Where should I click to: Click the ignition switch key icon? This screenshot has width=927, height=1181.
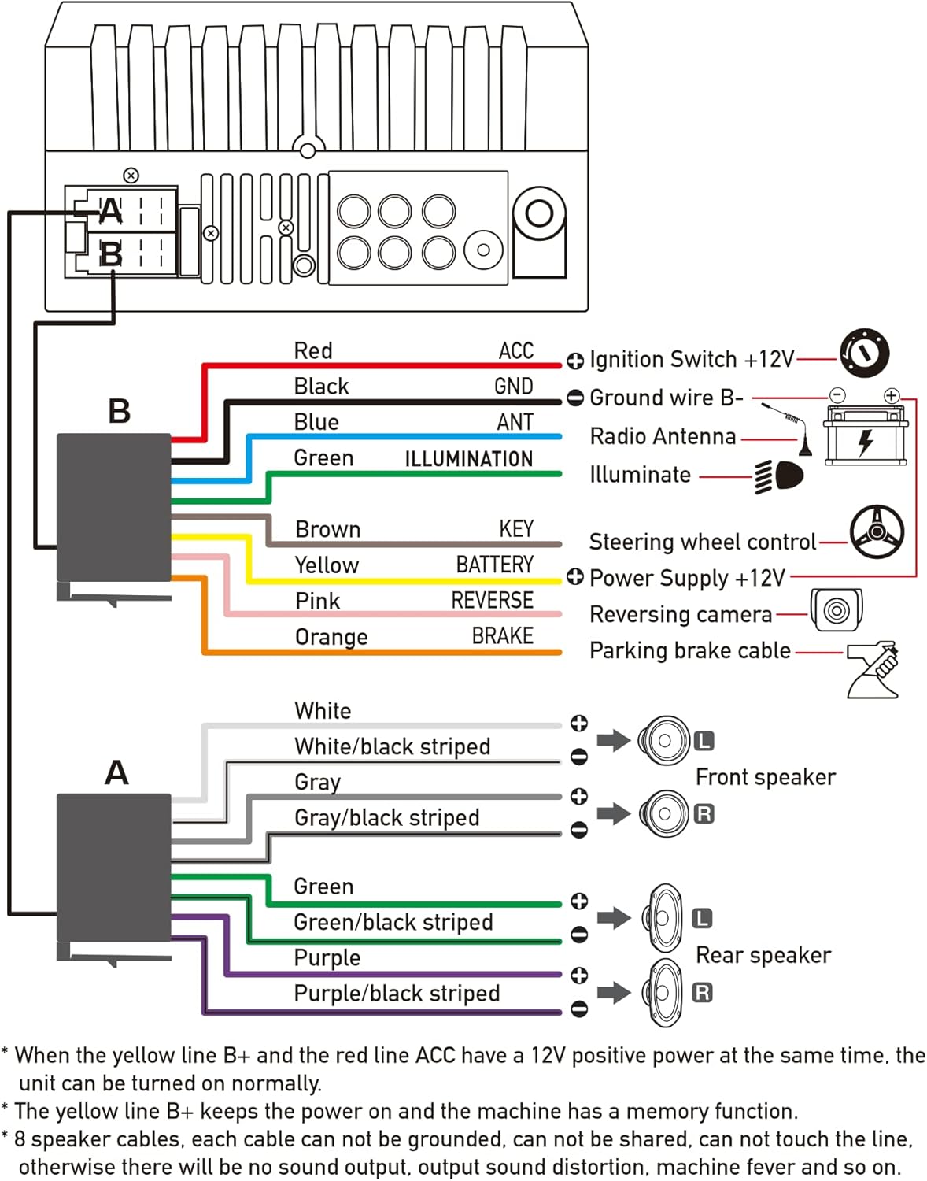click(864, 354)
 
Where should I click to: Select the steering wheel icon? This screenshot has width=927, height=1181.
click(877, 532)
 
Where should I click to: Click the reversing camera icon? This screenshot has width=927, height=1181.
click(837, 610)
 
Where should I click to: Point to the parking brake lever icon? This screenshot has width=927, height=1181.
click(873, 669)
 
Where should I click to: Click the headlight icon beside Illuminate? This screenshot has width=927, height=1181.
click(779, 476)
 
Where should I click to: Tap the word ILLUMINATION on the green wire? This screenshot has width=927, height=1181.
click(468, 459)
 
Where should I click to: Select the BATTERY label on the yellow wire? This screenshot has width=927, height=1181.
click(494, 565)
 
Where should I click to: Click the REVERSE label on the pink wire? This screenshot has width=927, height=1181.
click(492, 601)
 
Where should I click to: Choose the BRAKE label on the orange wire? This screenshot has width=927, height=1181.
click(502, 636)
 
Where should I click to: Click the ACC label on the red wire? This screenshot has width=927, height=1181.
click(515, 351)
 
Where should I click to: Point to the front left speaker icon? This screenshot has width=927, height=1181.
click(663, 741)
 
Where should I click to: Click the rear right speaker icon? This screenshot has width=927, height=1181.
click(665, 992)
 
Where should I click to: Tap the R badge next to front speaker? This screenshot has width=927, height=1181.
click(704, 813)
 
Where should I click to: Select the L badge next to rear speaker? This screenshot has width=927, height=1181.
click(702, 919)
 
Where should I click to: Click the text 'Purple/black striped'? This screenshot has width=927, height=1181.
click(397, 994)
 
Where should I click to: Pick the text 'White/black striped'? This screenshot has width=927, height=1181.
click(392, 746)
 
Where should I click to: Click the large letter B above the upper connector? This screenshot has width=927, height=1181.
click(119, 411)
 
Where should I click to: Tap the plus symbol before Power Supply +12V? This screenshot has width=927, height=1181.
click(575, 578)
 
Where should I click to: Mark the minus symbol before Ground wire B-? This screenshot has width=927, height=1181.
click(575, 398)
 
